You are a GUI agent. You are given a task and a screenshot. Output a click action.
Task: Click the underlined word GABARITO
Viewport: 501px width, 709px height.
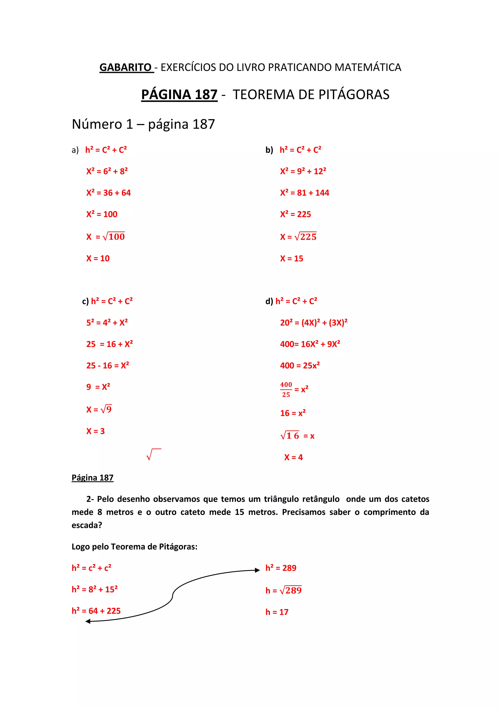click(x=125, y=67)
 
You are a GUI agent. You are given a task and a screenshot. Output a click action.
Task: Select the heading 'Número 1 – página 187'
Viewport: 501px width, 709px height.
click(x=143, y=124)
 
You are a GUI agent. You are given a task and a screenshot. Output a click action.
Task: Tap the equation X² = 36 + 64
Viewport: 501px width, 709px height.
click(x=109, y=193)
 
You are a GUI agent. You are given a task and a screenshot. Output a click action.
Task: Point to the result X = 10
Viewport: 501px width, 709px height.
click(x=98, y=259)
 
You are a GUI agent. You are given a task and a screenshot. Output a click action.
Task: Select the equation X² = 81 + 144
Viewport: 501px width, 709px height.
click(x=305, y=193)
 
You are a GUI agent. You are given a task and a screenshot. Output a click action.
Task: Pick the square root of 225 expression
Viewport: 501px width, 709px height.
click(x=305, y=236)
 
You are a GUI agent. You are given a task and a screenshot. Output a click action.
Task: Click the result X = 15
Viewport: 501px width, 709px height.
click(x=292, y=259)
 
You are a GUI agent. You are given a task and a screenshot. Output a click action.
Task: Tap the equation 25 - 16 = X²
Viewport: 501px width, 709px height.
click(x=108, y=365)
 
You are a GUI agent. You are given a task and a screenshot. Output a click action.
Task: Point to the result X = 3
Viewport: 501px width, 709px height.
click(x=95, y=431)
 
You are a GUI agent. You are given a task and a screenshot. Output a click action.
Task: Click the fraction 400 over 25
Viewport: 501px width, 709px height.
click(x=286, y=390)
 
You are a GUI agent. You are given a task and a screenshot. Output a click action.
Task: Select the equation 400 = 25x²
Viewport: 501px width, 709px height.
click(x=300, y=365)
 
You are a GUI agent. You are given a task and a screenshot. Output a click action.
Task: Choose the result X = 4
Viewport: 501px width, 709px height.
click(x=293, y=457)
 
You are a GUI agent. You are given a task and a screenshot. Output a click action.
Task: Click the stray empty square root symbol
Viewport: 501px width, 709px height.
click(x=153, y=454)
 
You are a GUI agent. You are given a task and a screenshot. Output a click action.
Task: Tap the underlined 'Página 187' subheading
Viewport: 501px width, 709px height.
click(x=92, y=478)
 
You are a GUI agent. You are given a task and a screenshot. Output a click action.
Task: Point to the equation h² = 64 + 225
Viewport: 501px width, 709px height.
click(x=96, y=611)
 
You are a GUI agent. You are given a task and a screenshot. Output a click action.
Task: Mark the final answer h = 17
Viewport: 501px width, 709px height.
click(x=277, y=612)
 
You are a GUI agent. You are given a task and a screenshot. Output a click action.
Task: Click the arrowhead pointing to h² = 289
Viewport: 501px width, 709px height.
click(x=257, y=570)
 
